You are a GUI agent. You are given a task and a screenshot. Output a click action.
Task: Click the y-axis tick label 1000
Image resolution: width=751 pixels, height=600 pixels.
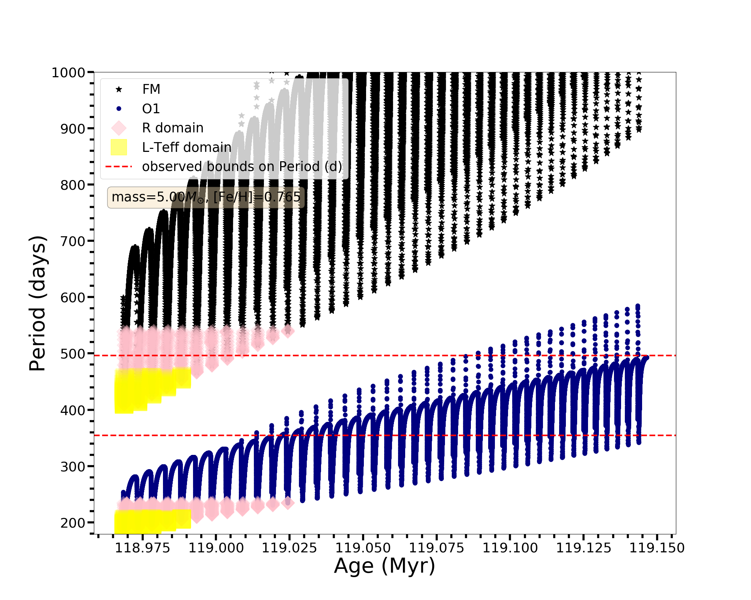click(68, 73)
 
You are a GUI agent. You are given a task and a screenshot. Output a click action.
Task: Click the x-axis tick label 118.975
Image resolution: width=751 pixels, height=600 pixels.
click(142, 548)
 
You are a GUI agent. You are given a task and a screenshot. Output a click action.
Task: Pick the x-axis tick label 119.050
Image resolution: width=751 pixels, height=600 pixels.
click(363, 548)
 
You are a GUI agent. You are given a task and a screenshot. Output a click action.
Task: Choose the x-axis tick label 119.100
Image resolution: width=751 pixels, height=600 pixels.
click(510, 548)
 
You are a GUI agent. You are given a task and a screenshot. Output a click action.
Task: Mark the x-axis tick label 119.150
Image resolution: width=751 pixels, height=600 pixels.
click(657, 548)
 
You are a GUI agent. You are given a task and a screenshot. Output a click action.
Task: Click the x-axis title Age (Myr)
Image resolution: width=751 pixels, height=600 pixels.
click(385, 566)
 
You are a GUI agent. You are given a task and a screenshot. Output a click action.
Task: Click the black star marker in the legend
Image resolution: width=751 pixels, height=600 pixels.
click(119, 89)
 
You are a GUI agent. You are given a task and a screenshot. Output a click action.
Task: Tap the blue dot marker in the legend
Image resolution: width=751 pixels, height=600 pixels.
click(119, 109)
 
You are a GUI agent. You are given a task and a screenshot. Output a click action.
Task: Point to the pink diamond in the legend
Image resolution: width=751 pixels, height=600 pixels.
click(119, 128)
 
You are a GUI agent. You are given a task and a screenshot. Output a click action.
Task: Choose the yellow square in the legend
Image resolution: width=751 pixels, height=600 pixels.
click(119, 147)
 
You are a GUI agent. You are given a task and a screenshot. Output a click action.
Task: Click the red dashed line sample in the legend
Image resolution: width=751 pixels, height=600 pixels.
click(119, 166)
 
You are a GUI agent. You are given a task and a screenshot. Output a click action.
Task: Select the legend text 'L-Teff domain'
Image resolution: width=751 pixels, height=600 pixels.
click(187, 147)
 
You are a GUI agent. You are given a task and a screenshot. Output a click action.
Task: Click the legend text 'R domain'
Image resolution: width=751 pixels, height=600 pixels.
click(173, 128)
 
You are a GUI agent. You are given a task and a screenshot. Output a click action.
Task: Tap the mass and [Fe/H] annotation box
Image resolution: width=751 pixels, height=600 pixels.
click(206, 197)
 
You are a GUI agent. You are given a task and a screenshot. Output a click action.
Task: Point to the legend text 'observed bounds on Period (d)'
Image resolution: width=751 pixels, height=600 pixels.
click(242, 166)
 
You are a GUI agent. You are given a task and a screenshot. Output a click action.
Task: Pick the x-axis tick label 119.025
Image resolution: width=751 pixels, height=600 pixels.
click(289, 548)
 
